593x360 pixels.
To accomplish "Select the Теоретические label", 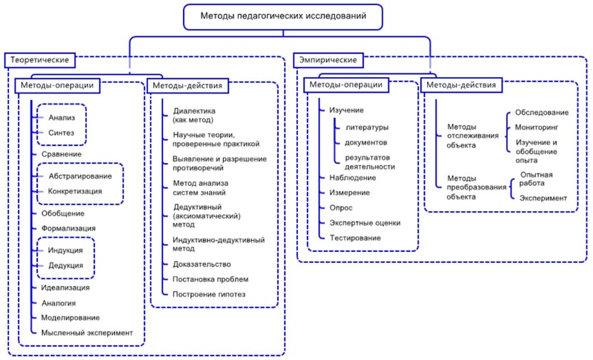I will coord(39,59).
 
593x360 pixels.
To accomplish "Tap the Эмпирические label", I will coord(326,59).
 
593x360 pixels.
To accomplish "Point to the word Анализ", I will coord(62,118).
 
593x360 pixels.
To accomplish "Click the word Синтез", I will coord(62,133).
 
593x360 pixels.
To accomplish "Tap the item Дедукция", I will coord(66,265).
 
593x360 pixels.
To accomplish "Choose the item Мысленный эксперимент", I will coord(87,333).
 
